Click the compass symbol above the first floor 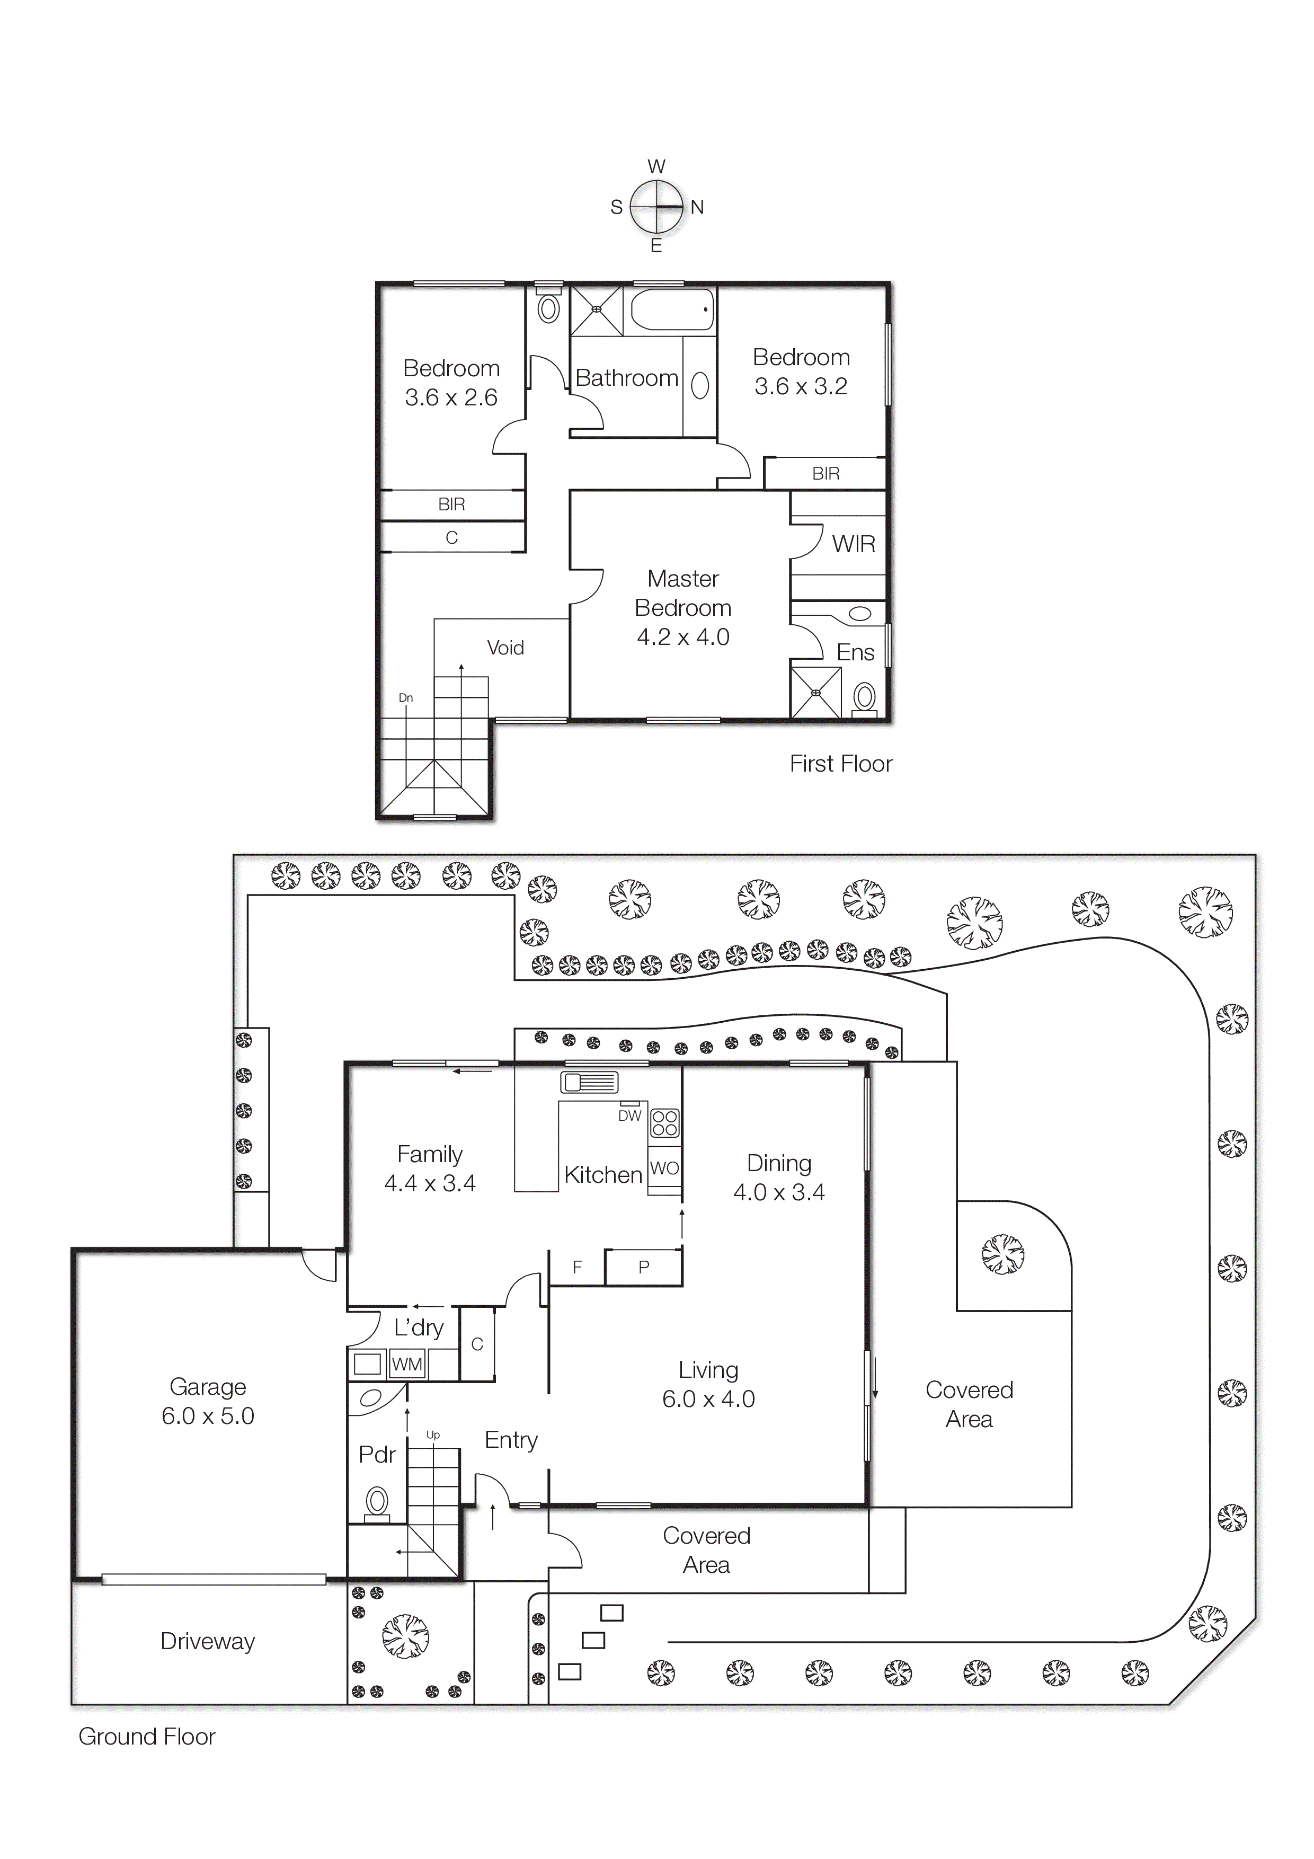(656, 207)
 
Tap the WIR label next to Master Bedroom (854, 544)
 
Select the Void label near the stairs (505, 648)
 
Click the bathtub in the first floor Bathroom (672, 309)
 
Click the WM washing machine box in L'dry (406, 1364)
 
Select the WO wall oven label (664, 1167)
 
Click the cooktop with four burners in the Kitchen (665, 1123)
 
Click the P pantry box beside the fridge (644, 1267)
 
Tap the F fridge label (577, 1267)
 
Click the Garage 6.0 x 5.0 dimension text (208, 1416)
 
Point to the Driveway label (208, 1641)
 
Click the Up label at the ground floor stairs (433, 1435)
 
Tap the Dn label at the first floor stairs (406, 697)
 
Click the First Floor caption (840, 764)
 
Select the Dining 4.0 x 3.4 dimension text (779, 1192)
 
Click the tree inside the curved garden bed (1002, 1254)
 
